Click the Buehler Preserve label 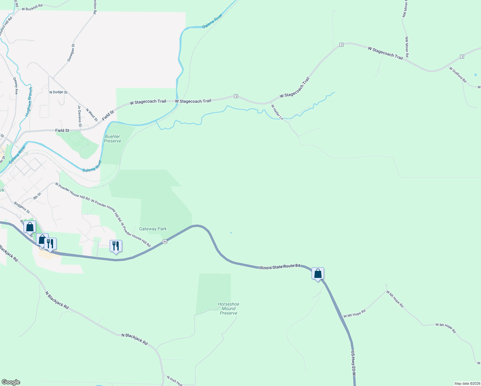click(x=113, y=139)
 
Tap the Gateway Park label click(x=153, y=229)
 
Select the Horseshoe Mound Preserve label click(x=229, y=308)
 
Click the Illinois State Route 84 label click(x=280, y=267)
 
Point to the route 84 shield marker click(x=165, y=241)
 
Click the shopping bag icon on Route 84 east click(x=318, y=274)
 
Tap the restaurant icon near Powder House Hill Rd click(x=116, y=246)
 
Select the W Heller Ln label click(x=277, y=112)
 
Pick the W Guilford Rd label click(x=458, y=75)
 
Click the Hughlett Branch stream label click(x=29, y=102)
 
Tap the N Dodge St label click(x=58, y=92)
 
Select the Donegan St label click(x=71, y=53)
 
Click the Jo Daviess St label click(x=79, y=116)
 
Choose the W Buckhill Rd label click(x=32, y=8)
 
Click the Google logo click(x=11, y=382)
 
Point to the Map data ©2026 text click(x=467, y=383)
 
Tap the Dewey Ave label click(x=15, y=86)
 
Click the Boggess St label click(x=22, y=207)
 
